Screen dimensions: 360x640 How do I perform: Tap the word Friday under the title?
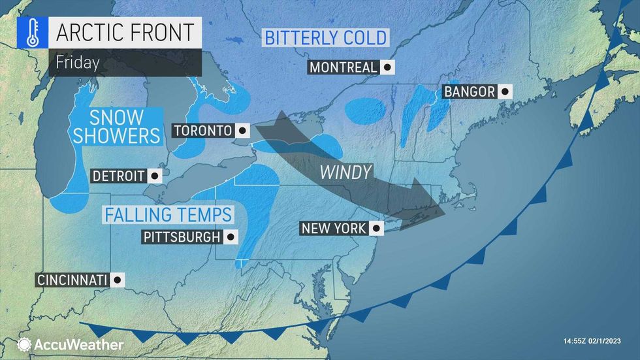tap(77, 63)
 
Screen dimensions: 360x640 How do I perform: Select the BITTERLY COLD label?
tap(325, 37)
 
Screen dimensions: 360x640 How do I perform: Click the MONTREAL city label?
tap(343, 67)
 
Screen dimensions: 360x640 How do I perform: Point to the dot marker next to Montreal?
tap(388, 67)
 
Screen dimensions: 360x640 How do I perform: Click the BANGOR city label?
tap(469, 91)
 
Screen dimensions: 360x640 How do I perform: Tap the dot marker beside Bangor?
tap(504, 91)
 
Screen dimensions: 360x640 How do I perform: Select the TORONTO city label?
tap(202, 131)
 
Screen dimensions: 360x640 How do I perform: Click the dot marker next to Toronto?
tap(242, 131)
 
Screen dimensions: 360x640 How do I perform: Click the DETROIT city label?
tap(118, 176)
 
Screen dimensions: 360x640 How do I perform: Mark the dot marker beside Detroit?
tap(155, 176)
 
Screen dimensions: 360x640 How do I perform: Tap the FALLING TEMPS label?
tap(168, 214)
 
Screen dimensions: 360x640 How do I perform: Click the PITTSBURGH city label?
tap(182, 237)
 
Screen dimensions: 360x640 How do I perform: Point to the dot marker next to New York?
tap(376, 229)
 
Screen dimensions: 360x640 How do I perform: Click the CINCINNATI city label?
tap(72, 280)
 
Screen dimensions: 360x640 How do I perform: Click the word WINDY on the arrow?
tap(345, 172)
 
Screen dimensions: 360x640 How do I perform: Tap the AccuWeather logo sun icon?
tap(24, 344)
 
